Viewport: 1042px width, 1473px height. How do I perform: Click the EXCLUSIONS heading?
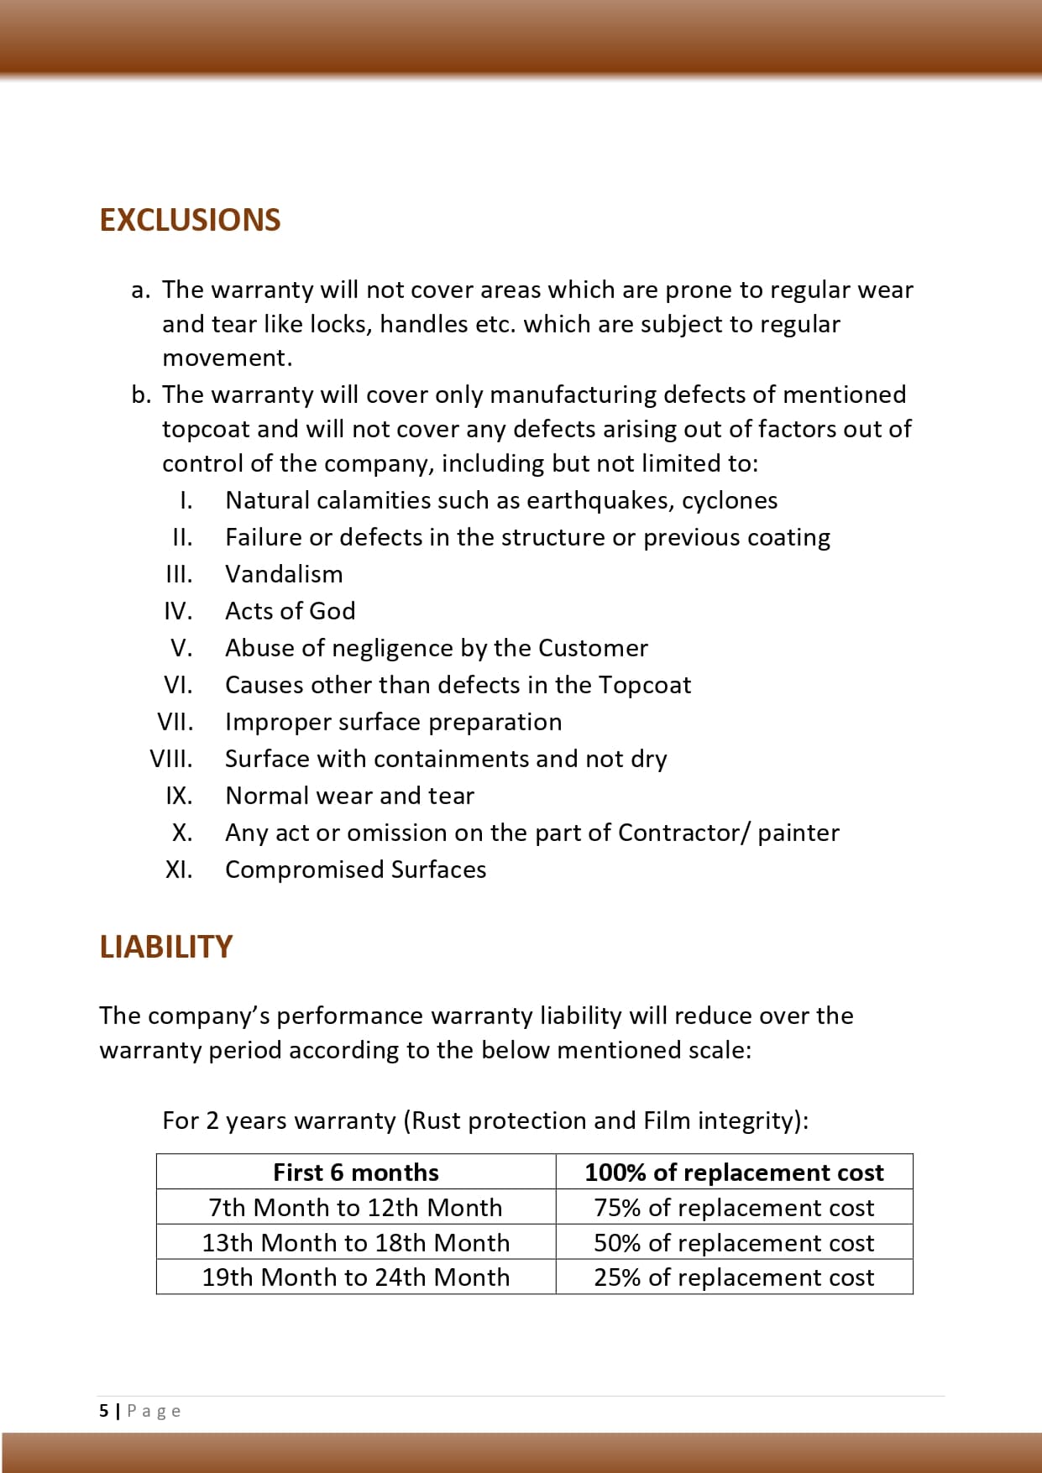(x=190, y=220)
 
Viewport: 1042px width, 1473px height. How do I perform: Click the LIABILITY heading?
(x=165, y=947)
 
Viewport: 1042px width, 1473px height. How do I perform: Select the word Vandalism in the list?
(x=284, y=574)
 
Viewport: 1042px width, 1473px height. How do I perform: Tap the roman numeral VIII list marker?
(x=171, y=759)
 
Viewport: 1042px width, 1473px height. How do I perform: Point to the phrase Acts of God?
(x=290, y=611)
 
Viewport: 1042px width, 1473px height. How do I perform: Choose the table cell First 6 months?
(x=356, y=1172)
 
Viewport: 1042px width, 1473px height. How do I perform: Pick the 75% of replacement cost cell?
(x=734, y=1207)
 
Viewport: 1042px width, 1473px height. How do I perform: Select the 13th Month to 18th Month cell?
(x=356, y=1242)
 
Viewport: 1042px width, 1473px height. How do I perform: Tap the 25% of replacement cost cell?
(x=734, y=1277)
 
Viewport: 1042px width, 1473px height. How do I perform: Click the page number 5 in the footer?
(x=104, y=1411)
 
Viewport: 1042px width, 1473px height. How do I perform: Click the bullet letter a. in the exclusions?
(x=140, y=290)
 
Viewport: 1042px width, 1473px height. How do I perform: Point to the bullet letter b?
(x=140, y=394)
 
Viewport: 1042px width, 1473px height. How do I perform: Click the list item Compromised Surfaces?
(x=355, y=870)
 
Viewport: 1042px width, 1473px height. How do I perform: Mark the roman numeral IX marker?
(x=179, y=796)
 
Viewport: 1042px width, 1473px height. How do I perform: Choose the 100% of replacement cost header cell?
(x=734, y=1172)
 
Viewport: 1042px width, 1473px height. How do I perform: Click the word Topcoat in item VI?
(x=645, y=685)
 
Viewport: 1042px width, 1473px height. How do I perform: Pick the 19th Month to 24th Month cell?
(x=356, y=1277)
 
